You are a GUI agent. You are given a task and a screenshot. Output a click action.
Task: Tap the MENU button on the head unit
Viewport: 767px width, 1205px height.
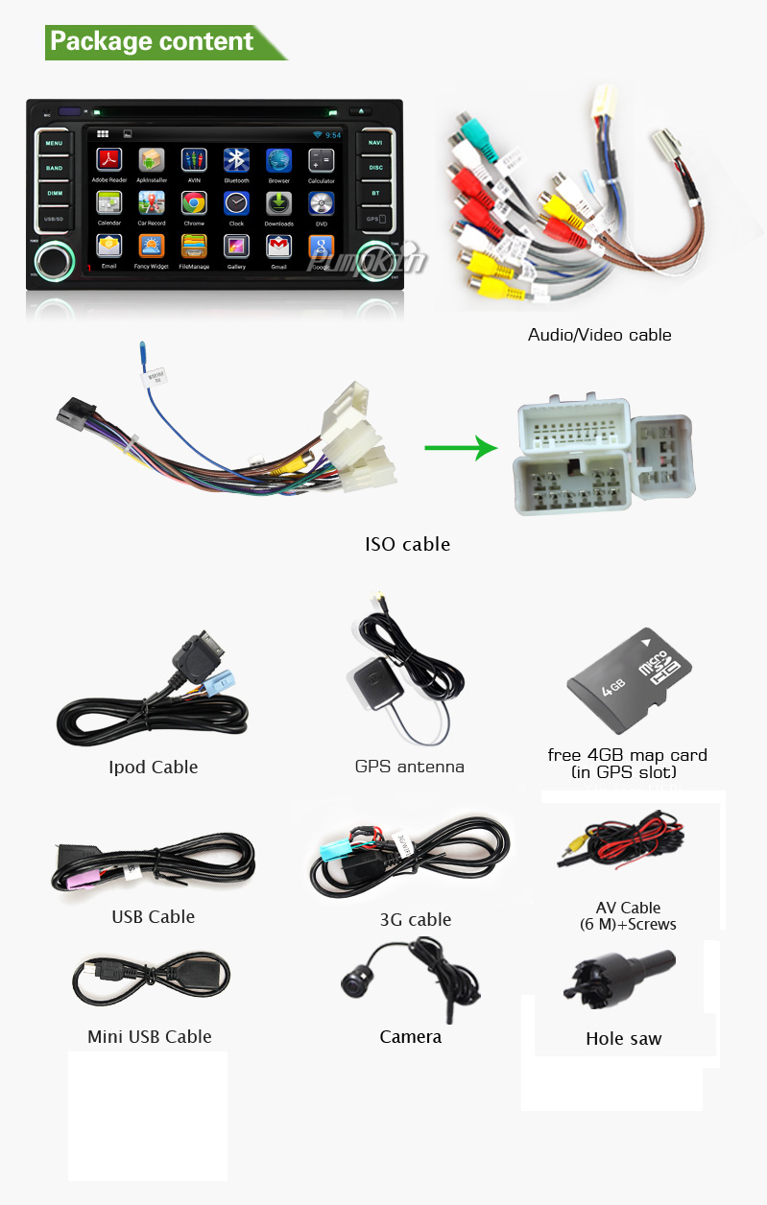tap(55, 144)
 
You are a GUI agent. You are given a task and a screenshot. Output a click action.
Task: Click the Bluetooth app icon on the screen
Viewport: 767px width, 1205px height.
tap(236, 160)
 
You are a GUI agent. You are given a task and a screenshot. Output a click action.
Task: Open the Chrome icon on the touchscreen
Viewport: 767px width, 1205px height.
tap(194, 202)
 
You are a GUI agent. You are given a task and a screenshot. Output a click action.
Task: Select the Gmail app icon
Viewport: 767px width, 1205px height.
tap(278, 247)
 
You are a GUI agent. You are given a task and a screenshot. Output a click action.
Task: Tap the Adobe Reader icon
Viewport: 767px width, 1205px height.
tap(109, 160)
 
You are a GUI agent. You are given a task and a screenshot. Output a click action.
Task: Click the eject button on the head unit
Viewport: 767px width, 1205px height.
tap(363, 112)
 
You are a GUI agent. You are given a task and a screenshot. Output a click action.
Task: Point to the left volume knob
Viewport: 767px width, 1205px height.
tap(51, 261)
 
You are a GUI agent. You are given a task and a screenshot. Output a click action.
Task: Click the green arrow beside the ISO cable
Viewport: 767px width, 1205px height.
tap(461, 447)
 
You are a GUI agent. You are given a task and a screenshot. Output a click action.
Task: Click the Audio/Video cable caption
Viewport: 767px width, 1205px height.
tap(599, 335)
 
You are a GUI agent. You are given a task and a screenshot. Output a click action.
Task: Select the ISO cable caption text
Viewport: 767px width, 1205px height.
tap(407, 544)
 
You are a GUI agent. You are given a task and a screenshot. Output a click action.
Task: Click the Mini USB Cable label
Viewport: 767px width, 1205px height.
tap(149, 1036)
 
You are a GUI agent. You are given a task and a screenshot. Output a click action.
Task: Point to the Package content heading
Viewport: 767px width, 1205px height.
tap(152, 42)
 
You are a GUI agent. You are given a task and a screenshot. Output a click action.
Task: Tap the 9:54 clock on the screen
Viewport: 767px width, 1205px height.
tap(333, 135)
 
